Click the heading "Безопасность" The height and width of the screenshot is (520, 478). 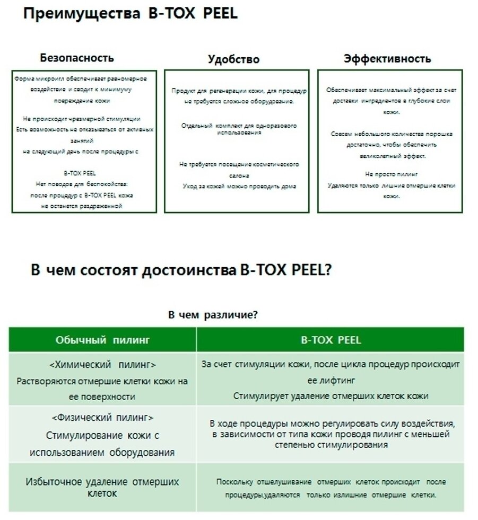pos(77,58)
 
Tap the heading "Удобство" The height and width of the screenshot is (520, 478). pos(233,59)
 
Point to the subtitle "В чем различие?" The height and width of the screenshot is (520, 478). pos(213,315)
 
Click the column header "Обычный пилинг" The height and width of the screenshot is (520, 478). pos(102,340)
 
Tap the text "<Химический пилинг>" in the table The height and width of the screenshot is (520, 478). pos(102,365)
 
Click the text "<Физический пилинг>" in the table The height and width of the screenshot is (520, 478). pos(102,418)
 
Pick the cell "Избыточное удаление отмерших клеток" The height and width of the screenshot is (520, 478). pos(102,487)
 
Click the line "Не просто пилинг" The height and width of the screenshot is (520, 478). pos(391,174)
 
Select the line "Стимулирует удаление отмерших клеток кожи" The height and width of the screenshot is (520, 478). pos(331,396)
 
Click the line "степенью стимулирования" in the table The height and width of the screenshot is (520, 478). pos(331,445)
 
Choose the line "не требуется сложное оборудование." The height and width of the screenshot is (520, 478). pos(239,101)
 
